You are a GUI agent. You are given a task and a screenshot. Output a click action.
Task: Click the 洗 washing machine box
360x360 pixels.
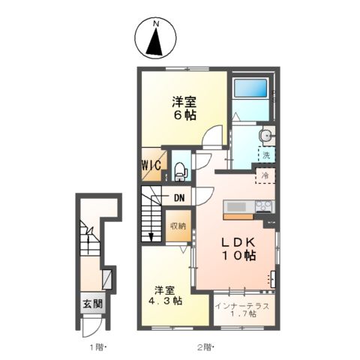(265, 155)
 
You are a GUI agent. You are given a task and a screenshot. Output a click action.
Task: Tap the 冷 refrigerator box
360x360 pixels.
(265, 175)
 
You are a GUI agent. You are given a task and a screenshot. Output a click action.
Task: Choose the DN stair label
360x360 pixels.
(180, 198)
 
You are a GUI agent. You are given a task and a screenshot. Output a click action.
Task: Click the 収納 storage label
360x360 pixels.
(177, 226)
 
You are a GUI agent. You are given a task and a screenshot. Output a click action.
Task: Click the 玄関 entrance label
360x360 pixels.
(94, 304)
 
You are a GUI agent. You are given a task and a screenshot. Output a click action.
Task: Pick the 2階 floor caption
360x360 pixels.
(205, 347)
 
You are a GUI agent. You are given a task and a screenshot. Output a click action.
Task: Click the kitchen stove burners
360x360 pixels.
(263, 206)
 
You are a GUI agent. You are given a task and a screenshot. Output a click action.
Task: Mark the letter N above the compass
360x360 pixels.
(156, 23)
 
